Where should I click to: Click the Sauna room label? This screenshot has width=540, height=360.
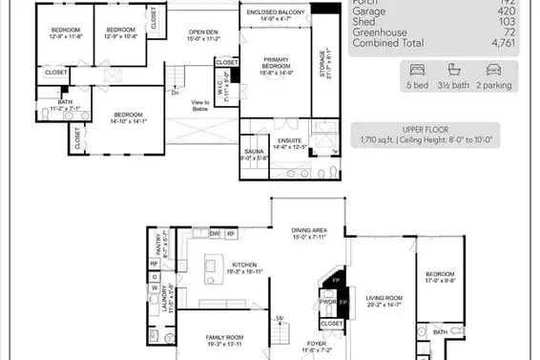point(254,156)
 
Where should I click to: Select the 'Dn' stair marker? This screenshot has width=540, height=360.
point(175,93)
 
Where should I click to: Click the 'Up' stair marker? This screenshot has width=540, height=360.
point(280,318)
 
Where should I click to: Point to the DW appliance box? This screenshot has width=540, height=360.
point(215,233)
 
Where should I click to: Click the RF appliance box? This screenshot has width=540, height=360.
point(231,233)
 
